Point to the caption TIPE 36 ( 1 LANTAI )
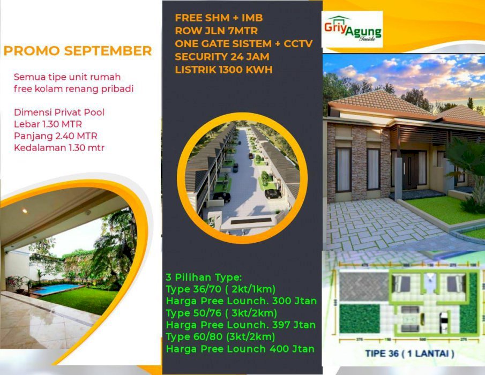click(410, 354)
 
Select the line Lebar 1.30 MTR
click(48, 124)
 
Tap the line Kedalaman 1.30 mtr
click(59, 147)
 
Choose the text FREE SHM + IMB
click(219, 18)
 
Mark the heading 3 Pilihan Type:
click(204, 277)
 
